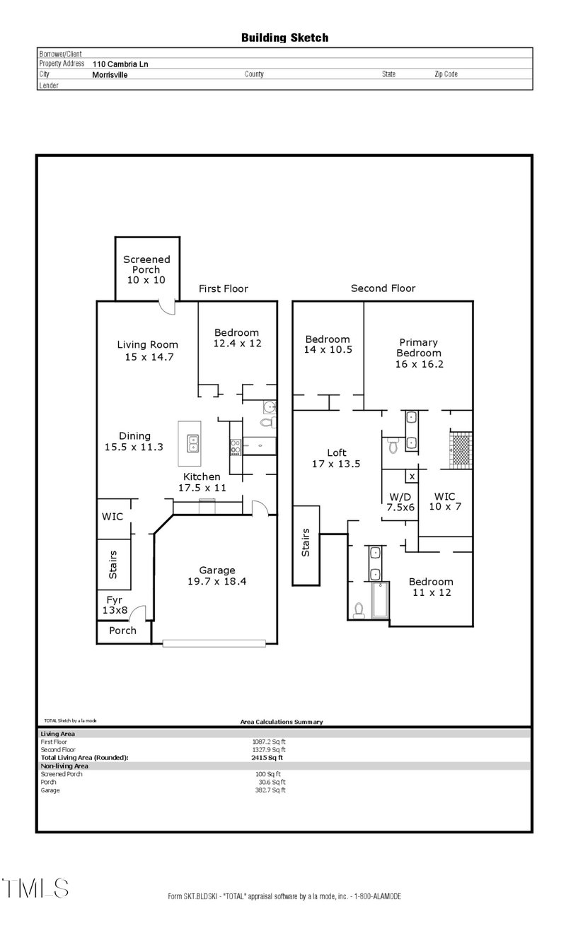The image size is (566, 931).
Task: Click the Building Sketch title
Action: [284, 37]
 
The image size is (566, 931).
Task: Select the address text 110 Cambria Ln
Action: [120, 64]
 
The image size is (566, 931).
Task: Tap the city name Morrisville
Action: [110, 74]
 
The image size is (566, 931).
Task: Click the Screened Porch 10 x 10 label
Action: [146, 269]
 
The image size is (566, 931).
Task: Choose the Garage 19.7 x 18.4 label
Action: [216, 575]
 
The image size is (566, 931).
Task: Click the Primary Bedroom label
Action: [418, 353]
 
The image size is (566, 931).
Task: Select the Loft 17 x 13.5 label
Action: [337, 458]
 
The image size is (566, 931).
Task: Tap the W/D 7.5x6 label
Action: [400, 501]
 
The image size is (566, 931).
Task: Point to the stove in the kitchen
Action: [235, 446]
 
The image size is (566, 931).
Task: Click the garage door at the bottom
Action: [214, 643]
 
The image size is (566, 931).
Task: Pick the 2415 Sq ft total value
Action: [262, 757]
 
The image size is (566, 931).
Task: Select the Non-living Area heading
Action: [64, 766]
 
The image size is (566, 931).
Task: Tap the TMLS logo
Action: [35, 888]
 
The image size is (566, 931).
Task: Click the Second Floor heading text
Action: [383, 288]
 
